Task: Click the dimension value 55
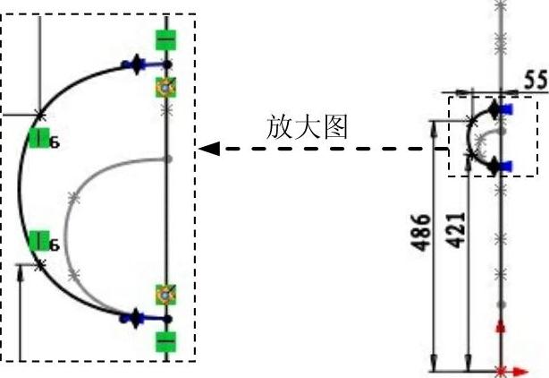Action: coord(535,81)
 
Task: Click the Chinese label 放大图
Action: coord(310,127)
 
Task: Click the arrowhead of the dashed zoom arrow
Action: coord(205,149)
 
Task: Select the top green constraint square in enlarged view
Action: coord(165,39)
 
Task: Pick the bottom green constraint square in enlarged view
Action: coord(165,340)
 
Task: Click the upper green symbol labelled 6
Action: coord(38,138)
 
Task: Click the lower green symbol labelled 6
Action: coord(38,240)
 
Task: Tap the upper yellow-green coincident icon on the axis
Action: coord(165,87)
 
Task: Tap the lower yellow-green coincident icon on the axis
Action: coord(165,293)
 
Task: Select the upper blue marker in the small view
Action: coord(508,109)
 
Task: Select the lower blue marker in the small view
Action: coord(508,165)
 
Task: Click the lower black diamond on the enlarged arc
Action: coord(136,315)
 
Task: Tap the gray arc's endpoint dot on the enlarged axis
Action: coord(167,159)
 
